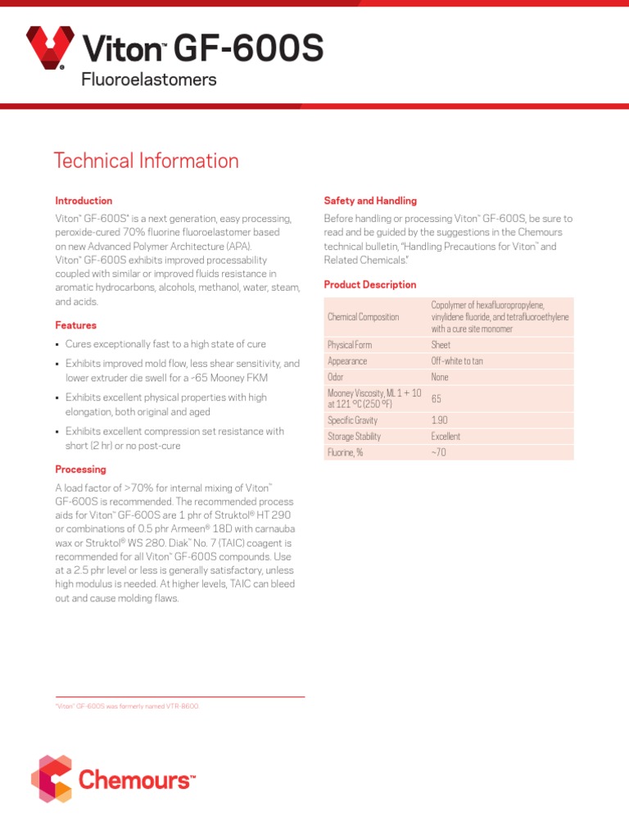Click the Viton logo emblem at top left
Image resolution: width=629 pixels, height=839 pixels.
[x=52, y=48]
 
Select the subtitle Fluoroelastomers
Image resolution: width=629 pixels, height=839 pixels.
[x=148, y=79]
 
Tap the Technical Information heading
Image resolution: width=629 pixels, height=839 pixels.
[x=146, y=161]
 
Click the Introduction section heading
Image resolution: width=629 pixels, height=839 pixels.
[x=84, y=201]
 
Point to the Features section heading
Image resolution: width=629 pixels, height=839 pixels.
[x=75, y=325]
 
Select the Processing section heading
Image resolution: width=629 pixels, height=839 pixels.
[x=80, y=469]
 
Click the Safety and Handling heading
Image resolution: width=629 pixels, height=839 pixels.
[x=370, y=201]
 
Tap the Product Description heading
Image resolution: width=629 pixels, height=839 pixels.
[x=370, y=284]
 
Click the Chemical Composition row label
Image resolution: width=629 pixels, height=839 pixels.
[x=363, y=317]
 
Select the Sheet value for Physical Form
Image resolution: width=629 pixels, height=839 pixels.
[x=441, y=345]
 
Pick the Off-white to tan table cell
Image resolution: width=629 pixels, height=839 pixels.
[x=457, y=361]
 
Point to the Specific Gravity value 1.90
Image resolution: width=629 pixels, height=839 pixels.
[x=440, y=420]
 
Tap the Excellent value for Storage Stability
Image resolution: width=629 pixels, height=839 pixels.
[x=446, y=437]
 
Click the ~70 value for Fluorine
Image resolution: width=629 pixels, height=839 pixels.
[x=438, y=452]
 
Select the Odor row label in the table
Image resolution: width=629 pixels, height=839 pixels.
[x=336, y=377]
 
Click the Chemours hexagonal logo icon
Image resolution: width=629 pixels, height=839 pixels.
[x=52, y=778]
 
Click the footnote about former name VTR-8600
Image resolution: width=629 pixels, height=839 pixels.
[x=127, y=705]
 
